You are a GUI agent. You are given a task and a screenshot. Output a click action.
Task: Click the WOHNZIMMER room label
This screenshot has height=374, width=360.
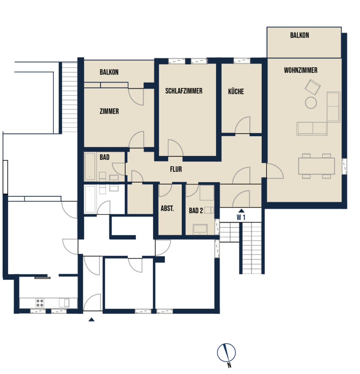[300, 70]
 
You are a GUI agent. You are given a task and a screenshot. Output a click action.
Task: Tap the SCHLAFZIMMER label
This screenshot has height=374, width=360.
[184, 91]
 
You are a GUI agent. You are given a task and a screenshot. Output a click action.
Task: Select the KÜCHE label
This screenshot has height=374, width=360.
[236, 92]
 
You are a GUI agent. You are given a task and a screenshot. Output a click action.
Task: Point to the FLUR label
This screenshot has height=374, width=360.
[176, 169]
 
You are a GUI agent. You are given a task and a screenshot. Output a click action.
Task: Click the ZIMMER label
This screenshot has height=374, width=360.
[109, 111]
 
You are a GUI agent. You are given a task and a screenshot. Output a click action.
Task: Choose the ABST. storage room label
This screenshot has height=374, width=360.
[167, 209]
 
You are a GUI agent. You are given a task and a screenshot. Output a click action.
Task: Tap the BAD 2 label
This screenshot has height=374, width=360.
[196, 211]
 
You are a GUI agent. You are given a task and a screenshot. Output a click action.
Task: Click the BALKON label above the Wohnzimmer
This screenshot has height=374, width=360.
[299, 35]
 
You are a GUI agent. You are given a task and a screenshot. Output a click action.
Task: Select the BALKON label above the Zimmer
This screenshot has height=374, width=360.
[109, 72]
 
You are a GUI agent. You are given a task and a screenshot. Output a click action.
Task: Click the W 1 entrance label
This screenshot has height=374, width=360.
[241, 217]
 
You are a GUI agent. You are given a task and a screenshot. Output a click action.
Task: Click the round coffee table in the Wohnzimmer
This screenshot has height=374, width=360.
[311, 103]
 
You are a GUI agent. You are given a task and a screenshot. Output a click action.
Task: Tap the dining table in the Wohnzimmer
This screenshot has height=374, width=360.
[317, 166]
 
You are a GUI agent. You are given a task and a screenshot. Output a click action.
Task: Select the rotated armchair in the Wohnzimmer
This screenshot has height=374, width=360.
[313, 87]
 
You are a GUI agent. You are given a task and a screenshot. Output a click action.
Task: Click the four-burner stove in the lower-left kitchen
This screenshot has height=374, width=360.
[40, 303]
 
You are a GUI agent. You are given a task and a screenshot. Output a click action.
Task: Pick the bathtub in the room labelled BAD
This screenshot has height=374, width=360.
[90, 167]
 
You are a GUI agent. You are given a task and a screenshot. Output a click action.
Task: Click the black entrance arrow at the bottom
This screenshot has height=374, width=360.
[92, 320]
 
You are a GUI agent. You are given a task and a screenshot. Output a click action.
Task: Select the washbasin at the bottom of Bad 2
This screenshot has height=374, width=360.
[200, 229]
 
